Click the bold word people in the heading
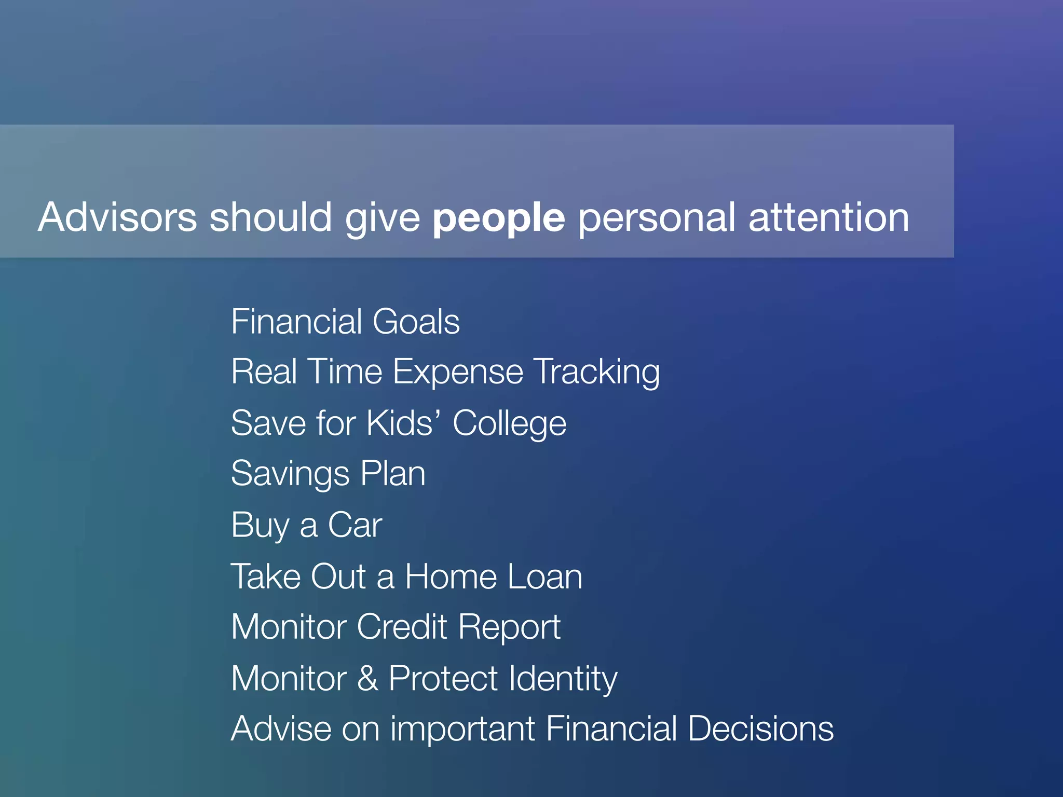[498, 218]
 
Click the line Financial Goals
[345, 322]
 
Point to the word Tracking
[597, 373]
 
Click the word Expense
[458, 373]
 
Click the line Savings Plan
[328, 474]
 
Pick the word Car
[355, 525]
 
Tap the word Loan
[545, 576]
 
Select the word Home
[451, 576]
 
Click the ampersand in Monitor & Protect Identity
[367, 678]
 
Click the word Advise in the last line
[281, 729]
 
